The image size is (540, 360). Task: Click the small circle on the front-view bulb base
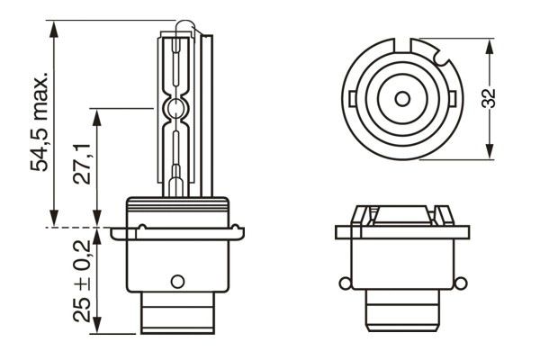tap(177, 279)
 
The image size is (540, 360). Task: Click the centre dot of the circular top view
tap(396, 96)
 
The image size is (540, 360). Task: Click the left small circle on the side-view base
tap(343, 285)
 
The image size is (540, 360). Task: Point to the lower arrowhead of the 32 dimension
tap(489, 155)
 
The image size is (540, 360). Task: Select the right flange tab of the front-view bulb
tap(237, 232)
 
